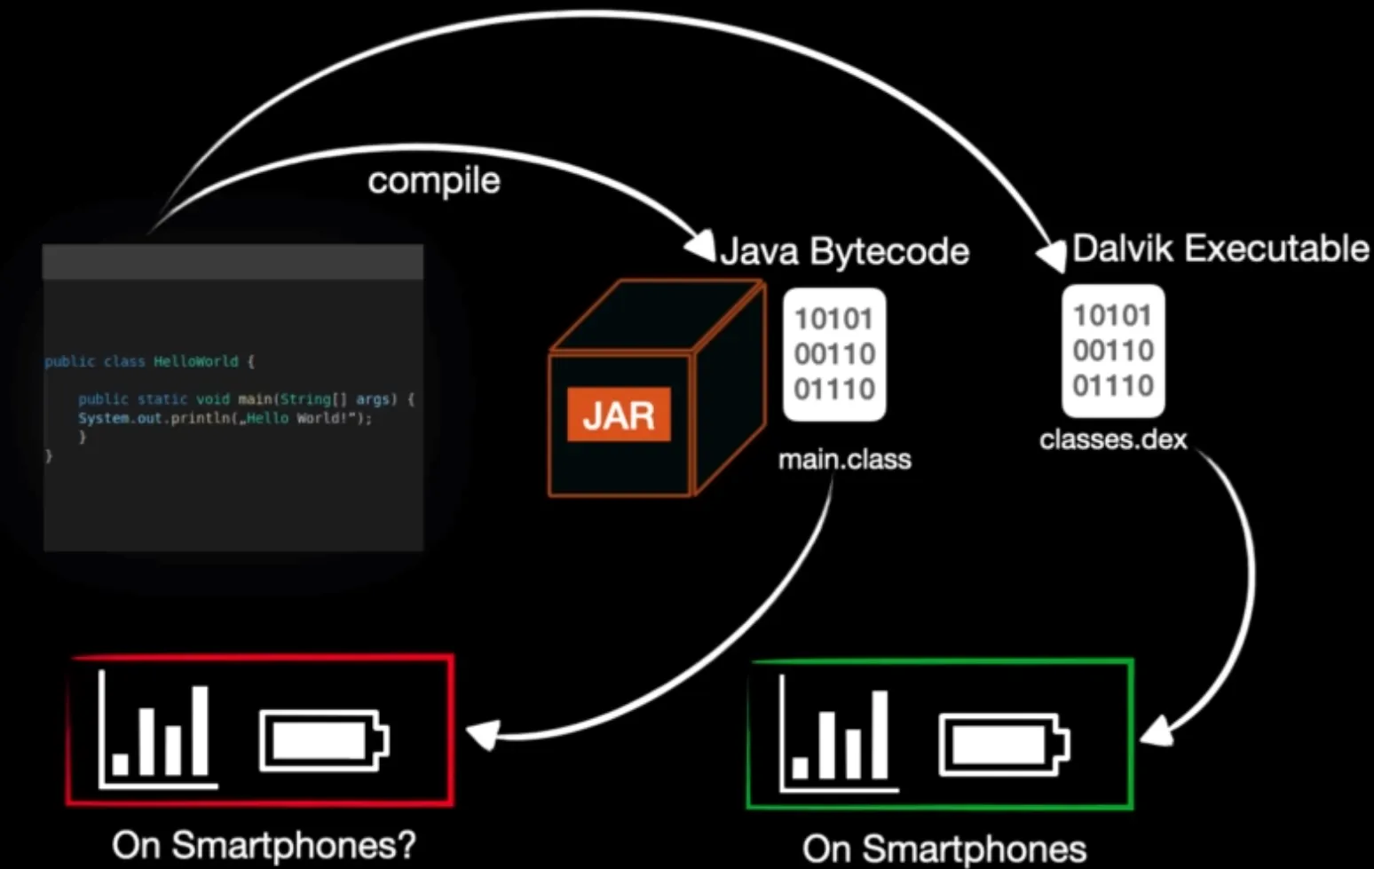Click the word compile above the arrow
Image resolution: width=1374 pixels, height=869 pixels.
pyautogui.click(x=434, y=181)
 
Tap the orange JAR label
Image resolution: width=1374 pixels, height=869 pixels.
pyautogui.click(x=619, y=415)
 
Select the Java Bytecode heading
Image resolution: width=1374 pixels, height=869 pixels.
pyautogui.click(x=844, y=251)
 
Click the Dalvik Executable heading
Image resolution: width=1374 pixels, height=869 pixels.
pyautogui.click(x=1220, y=249)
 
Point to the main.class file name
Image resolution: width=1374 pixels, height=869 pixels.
pyautogui.click(x=844, y=459)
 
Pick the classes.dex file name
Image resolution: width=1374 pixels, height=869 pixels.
pyautogui.click(x=1113, y=439)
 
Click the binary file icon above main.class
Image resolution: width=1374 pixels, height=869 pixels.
pyautogui.click(x=834, y=354)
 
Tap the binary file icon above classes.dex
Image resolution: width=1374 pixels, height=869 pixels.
pyautogui.click(x=1113, y=351)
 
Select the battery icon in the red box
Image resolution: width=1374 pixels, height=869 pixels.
pyautogui.click(x=324, y=739)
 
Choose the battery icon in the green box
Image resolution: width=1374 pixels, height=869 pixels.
pyautogui.click(x=1004, y=744)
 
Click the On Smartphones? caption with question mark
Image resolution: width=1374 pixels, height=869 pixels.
pyautogui.click(x=264, y=845)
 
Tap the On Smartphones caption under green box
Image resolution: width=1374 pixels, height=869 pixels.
pyautogui.click(x=944, y=849)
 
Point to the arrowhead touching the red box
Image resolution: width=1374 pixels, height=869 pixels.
pyautogui.click(x=482, y=735)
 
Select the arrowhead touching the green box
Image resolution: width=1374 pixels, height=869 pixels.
pyautogui.click(x=1155, y=731)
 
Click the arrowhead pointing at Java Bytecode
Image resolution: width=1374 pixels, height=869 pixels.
pyautogui.click(x=700, y=245)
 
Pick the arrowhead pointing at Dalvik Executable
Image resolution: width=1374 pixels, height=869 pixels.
pyautogui.click(x=1052, y=257)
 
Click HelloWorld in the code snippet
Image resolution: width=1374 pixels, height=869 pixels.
pyautogui.click(x=195, y=362)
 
